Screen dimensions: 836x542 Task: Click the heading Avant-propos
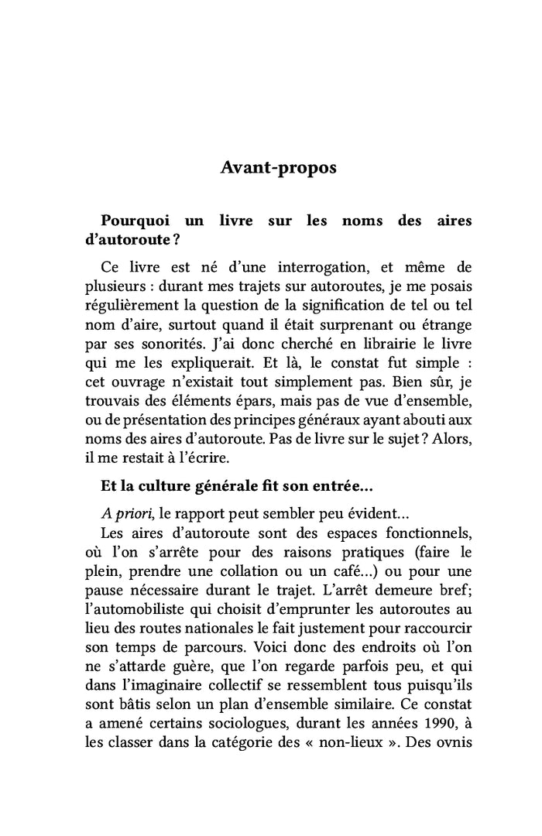(279, 168)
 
